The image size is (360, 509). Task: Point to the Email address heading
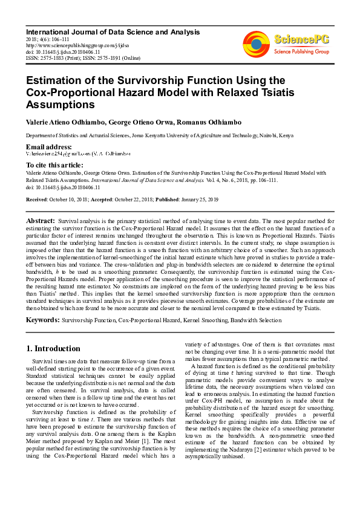48,148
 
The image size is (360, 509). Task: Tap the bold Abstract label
41,221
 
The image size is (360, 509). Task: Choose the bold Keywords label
42,319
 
